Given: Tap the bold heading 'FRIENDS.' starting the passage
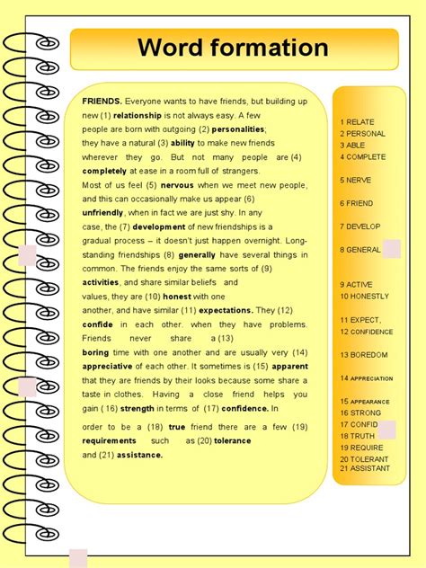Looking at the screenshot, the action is [x=102, y=102].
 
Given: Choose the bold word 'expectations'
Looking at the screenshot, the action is [x=220, y=310].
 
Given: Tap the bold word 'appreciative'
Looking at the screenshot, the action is [x=107, y=366].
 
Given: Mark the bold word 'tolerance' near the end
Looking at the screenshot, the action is [x=232, y=440].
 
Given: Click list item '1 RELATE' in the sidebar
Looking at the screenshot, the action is [x=357, y=122].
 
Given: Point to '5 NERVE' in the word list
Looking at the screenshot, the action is [x=356, y=180].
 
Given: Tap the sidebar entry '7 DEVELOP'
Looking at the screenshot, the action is [x=360, y=226].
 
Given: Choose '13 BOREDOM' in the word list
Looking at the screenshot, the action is [x=362, y=355].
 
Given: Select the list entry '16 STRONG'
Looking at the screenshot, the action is [x=360, y=413].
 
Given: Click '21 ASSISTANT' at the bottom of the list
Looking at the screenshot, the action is [x=364, y=468].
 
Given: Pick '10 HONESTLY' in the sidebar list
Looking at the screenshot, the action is [x=363, y=296].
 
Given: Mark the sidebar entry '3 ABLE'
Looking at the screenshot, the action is [x=353, y=145].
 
